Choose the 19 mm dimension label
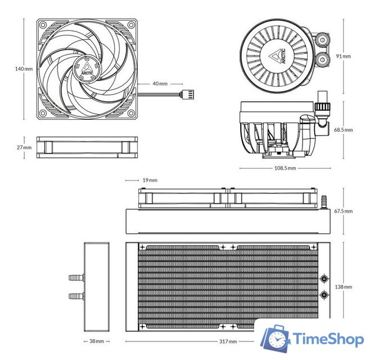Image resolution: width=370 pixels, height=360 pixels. click(x=150, y=181)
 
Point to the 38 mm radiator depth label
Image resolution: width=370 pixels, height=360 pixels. click(x=96, y=341)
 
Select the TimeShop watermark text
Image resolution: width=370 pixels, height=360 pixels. click(x=328, y=340)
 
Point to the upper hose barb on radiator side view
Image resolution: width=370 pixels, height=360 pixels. click(x=75, y=277)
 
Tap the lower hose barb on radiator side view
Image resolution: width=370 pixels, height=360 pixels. click(x=75, y=295)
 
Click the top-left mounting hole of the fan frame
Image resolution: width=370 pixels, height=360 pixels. click(x=44, y=25)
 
